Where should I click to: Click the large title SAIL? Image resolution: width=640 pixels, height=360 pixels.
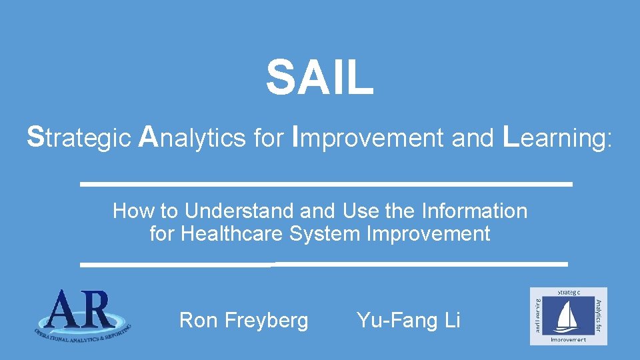click(320, 78)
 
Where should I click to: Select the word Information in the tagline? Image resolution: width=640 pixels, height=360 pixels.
click(475, 211)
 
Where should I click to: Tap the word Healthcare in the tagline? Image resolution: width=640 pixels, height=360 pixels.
click(233, 234)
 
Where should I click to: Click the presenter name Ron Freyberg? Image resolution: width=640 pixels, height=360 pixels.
click(244, 321)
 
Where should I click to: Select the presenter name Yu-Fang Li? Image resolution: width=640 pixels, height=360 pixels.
click(408, 321)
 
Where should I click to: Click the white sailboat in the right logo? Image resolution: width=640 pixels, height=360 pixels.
click(568, 316)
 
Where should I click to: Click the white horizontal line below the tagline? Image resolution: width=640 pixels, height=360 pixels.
click(324, 265)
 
